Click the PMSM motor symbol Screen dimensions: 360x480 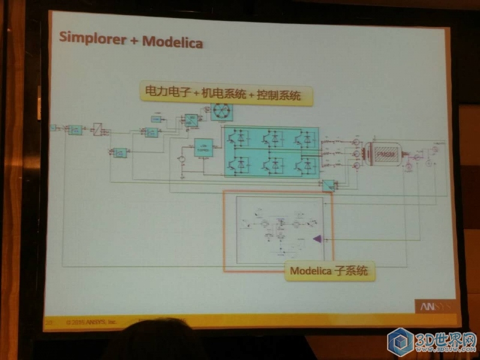383,155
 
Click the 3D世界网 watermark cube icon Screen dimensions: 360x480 400,342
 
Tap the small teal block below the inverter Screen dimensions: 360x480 328,186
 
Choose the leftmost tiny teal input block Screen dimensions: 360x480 53,127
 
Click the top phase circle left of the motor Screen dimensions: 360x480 355,142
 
